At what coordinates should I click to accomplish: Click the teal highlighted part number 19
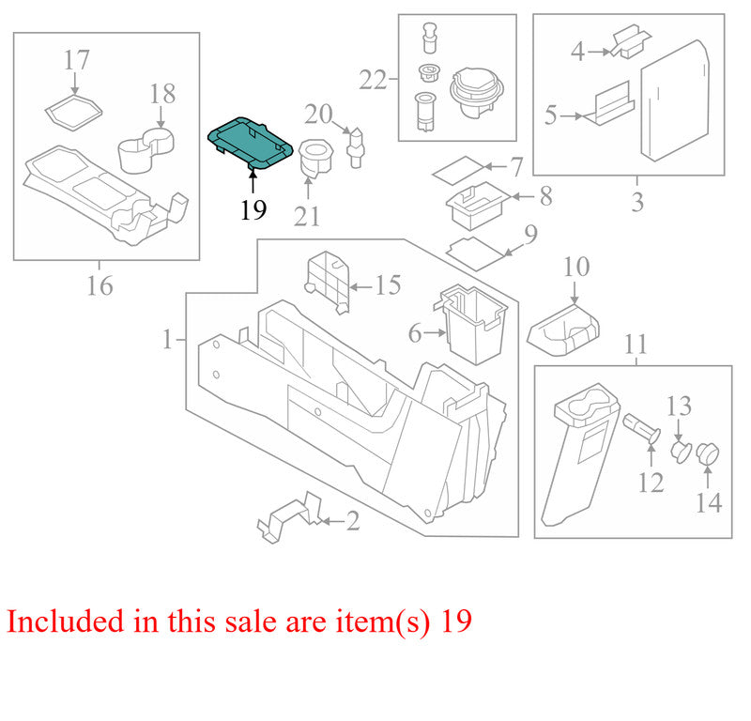click(249, 144)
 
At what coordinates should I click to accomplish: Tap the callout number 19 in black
click(253, 210)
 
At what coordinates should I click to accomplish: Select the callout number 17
click(77, 60)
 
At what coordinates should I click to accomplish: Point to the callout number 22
click(373, 80)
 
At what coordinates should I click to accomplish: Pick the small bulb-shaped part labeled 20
click(356, 147)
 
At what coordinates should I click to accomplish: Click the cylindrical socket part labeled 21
click(315, 159)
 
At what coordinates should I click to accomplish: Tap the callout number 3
click(637, 202)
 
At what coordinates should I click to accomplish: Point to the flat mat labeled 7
click(459, 171)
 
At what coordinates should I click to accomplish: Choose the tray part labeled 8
click(477, 205)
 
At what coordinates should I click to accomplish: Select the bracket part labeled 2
click(291, 517)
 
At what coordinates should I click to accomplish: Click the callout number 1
click(167, 339)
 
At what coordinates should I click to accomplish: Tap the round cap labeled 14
click(708, 453)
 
